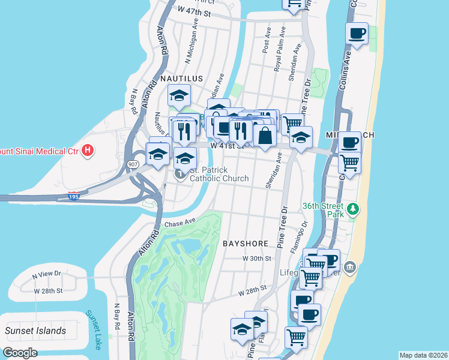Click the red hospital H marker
point(88,149)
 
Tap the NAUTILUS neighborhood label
point(181,79)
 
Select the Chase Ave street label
point(181,223)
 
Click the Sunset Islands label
point(35,331)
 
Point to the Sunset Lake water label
point(94,330)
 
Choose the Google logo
point(20,353)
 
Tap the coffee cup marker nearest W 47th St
point(357,33)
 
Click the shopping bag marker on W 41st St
point(265,135)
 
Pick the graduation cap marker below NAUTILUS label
point(179,95)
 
